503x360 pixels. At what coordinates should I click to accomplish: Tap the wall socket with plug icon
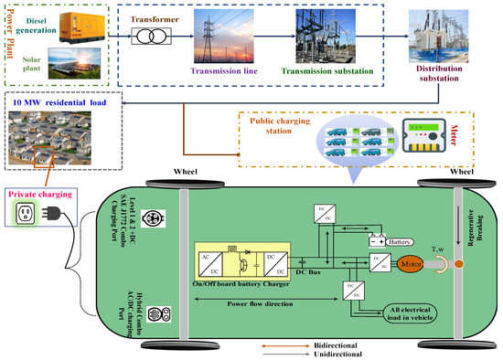[34, 214]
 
